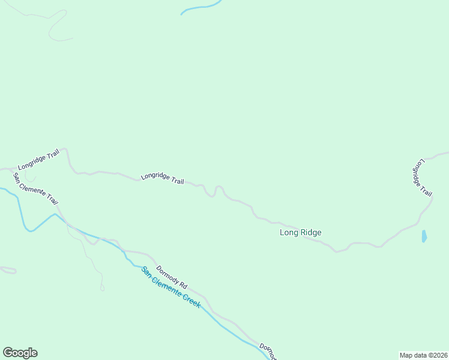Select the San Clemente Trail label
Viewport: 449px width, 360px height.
point(35,188)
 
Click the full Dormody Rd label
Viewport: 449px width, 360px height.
point(172,276)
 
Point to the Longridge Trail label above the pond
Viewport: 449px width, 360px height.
point(422,177)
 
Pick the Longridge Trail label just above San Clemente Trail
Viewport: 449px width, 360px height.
point(38,160)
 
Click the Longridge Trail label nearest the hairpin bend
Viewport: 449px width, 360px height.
point(162,178)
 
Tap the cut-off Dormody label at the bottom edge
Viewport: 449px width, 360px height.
point(268,352)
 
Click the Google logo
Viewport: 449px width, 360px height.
point(20,353)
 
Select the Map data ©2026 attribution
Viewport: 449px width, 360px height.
point(423,355)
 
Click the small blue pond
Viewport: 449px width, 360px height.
point(424,236)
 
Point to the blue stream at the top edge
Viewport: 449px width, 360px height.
point(201,7)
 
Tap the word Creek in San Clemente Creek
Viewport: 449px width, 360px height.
point(188,298)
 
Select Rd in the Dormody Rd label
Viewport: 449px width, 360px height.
point(182,283)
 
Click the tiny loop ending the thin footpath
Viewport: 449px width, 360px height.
point(102,289)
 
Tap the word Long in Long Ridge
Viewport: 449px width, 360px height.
point(289,232)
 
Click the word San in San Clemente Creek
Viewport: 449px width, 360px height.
point(146,271)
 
